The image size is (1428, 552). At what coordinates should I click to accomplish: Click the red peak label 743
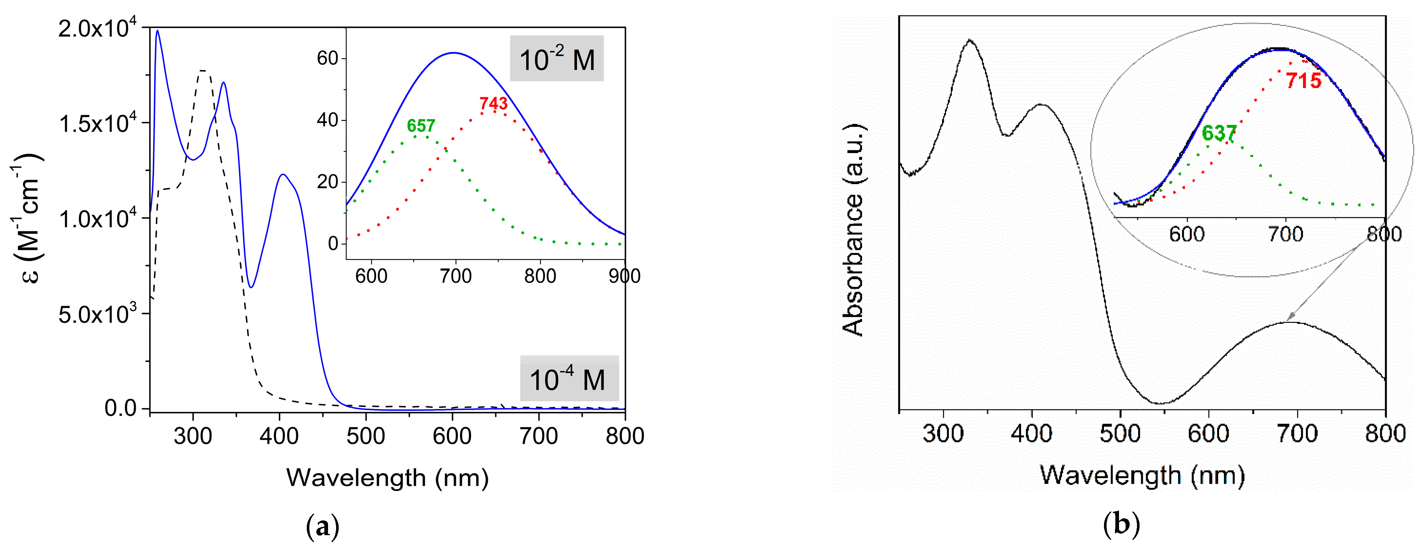(x=493, y=104)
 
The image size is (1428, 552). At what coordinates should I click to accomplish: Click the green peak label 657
(x=421, y=126)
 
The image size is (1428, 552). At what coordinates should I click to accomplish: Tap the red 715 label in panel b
(x=1303, y=81)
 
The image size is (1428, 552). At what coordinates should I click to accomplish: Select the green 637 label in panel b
(x=1219, y=133)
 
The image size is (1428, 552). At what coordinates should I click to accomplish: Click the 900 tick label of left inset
(x=624, y=276)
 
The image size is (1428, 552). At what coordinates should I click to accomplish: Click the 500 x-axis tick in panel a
(x=365, y=436)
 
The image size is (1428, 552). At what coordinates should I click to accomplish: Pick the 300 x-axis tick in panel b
(x=943, y=433)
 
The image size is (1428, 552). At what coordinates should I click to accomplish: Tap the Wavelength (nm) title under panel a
(x=387, y=478)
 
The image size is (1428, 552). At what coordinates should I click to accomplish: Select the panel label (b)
(x=1121, y=524)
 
